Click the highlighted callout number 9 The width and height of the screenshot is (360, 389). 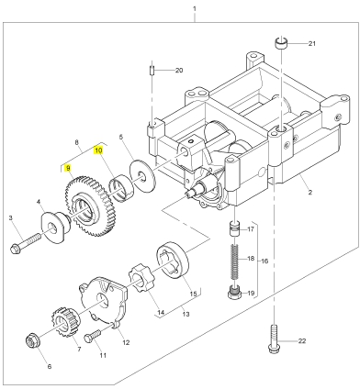pyautogui.click(x=68, y=168)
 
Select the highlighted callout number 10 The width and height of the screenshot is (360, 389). pyautogui.click(x=98, y=150)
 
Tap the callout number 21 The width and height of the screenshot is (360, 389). pyautogui.click(x=311, y=44)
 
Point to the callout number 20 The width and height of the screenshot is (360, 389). pyautogui.click(x=179, y=71)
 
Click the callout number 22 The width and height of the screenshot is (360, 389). pyautogui.click(x=302, y=341)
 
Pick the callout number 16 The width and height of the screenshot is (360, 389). pyautogui.click(x=264, y=261)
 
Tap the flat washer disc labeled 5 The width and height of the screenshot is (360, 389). pyautogui.click(x=141, y=176)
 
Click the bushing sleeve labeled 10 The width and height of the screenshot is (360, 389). pyautogui.click(x=121, y=188)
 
